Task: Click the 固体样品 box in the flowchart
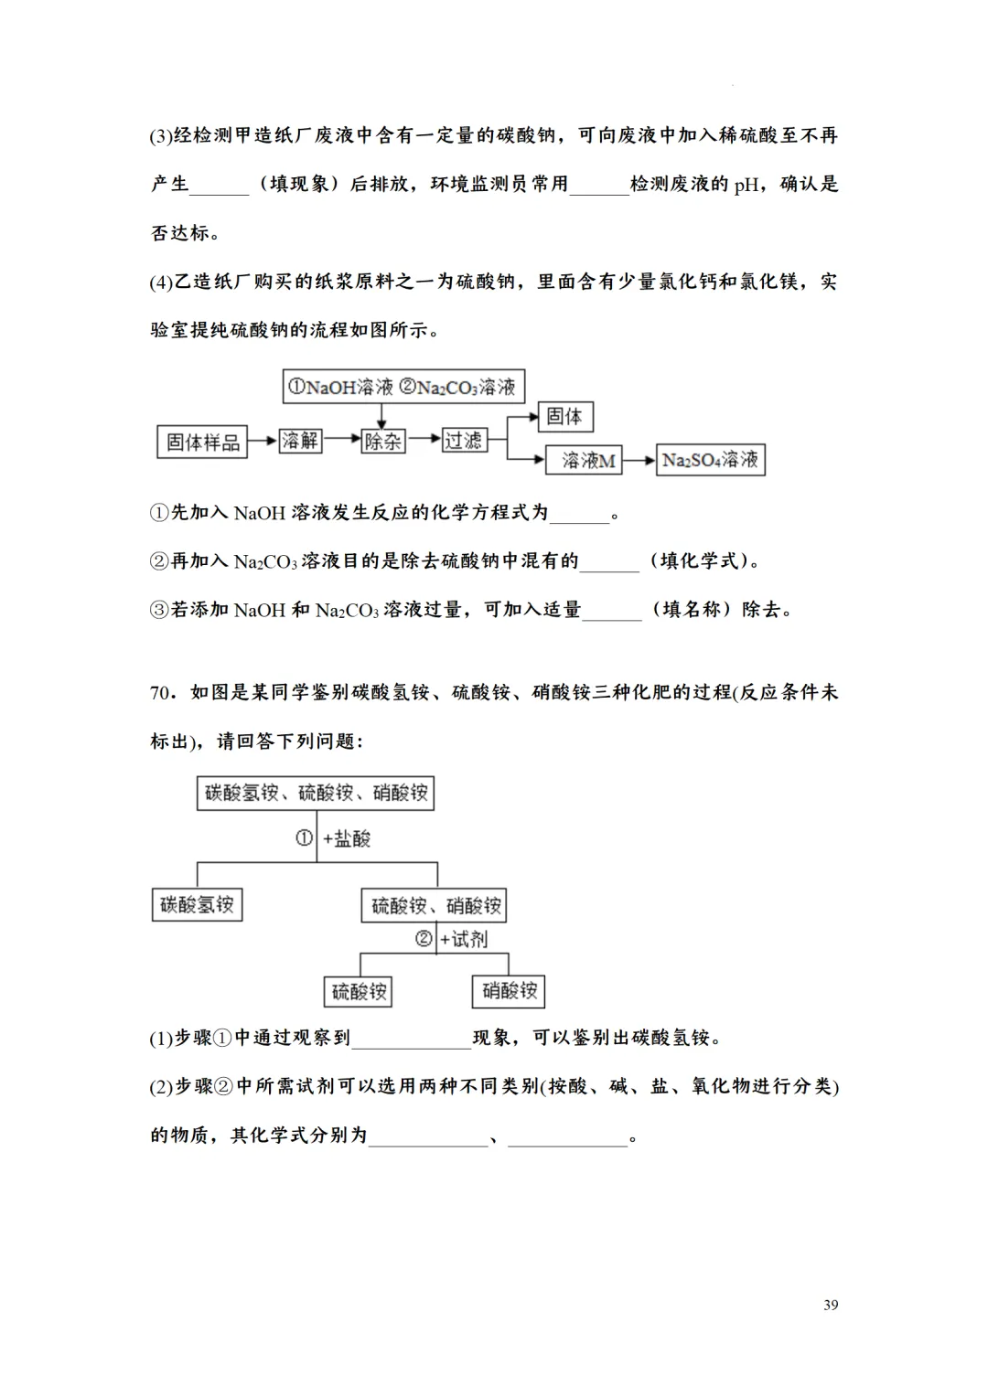pyautogui.click(x=202, y=443)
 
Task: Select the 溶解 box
pyautogui.click(x=299, y=441)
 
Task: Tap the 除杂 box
pyautogui.click(x=382, y=442)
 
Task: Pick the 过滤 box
pyautogui.click(x=463, y=441)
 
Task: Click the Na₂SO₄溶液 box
pyautogui.click(x=711, y=460)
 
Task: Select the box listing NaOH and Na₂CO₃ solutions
pyautogui.click(x=403, y=387)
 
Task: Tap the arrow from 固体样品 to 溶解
pyautogui.click(x=263, y=442)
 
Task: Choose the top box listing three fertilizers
pyautogui.click(x=316, y=793)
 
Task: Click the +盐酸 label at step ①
pyautogui.click(x=347, y=838)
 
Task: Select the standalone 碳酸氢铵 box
pyautogui.click(x=197, y=905)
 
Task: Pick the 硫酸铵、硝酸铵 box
pyautogui.click(x=435, y=906)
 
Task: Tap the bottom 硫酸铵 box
pyautogui.click(x=359, y=991)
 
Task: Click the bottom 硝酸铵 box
pyautogui.click(x=510, y=990)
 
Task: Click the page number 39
pyautogui.click(x=831, y=1305)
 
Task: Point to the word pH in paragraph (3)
pyautogui.click(x=746, y=185)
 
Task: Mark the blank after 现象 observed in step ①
pyautogui.click(x=412, y=1039)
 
